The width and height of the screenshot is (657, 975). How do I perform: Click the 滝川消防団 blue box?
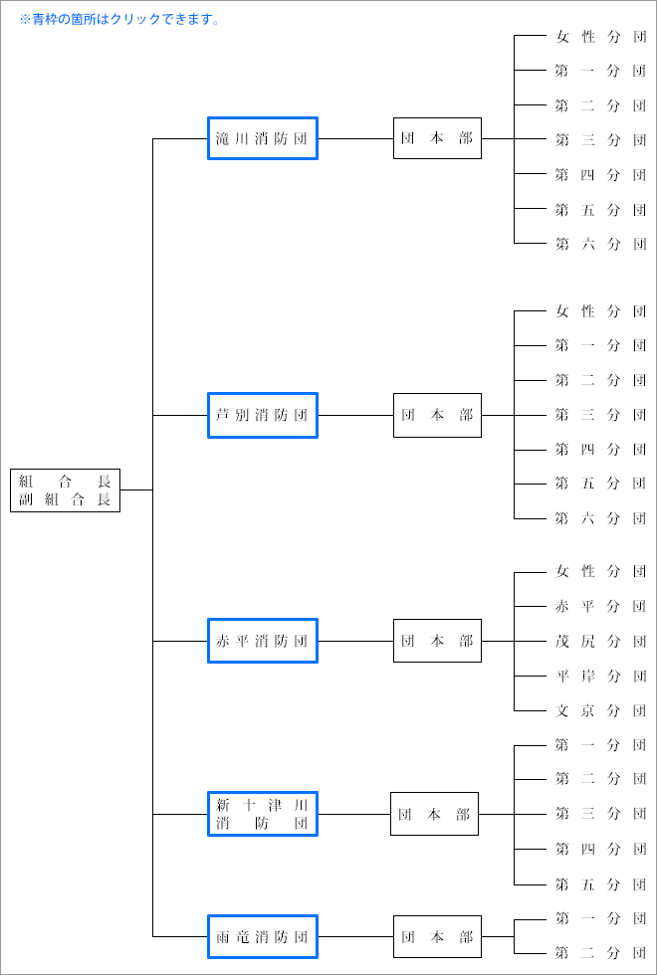click(x=263, y=138)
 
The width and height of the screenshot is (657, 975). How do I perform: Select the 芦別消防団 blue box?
click(x=263, y=415)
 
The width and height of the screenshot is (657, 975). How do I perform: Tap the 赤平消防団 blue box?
click(x=263, y=641)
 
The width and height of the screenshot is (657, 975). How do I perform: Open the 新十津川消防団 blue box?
click(x=263, y=814)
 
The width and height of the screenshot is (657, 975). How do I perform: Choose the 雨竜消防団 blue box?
click(x=263, y=936)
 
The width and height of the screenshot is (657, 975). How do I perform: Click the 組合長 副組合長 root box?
click(x=65, y=490)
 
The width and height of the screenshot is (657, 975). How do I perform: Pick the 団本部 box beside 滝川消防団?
click(x=437, y=138)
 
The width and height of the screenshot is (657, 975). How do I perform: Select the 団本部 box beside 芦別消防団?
click(x=437, y=415)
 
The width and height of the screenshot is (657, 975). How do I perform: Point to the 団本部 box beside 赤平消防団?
click(x=437, y=641)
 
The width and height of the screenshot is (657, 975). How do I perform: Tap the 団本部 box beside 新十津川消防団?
click(x=434, y=814)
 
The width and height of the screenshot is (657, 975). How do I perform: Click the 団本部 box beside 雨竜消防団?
click(x=437, y=936)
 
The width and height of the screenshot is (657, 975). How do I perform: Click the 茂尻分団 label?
click(x=600, y=641)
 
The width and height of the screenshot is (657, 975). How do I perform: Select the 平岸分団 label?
click(x=600, y=677)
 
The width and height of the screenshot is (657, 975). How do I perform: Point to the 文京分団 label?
click(x=600, y=711)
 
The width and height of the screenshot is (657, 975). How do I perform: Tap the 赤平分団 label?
click(x=600, y=606)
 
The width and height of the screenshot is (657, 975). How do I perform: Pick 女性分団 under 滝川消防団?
click(x=600, y=37)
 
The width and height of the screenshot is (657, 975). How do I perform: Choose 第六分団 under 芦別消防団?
click(x=600, y=518)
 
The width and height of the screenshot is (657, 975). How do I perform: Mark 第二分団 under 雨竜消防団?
click(x=600, y=953)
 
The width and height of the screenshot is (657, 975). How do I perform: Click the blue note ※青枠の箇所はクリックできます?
click(x=120, y=19)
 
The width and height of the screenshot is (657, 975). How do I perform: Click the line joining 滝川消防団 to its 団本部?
click(x=355, y=138)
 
